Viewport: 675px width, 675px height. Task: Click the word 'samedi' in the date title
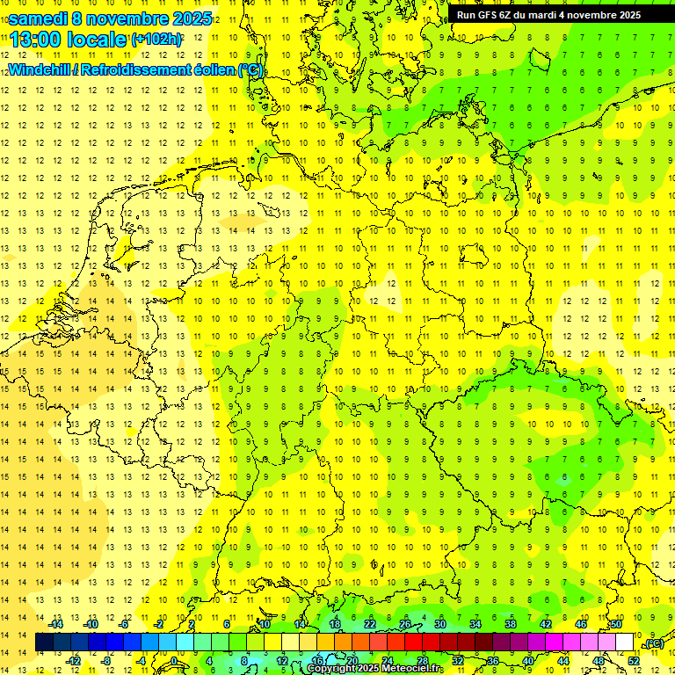click(39, 18)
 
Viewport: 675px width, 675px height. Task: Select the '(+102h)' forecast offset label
click(156, 40)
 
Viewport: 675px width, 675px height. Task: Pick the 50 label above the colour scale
click(616, 624)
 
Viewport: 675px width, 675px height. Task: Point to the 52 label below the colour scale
click(634, 661)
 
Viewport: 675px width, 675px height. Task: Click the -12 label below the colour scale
click(74, 661)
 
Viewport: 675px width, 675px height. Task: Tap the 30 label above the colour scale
click(440, 624)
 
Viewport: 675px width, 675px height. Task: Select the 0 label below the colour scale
click(174, 661)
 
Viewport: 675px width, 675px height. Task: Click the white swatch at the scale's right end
click(625, 642)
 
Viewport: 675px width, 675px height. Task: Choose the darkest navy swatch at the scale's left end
click(44, 642)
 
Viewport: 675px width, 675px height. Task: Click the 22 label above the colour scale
click(370, 624)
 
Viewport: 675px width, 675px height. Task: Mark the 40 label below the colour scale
click(528, 661)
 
